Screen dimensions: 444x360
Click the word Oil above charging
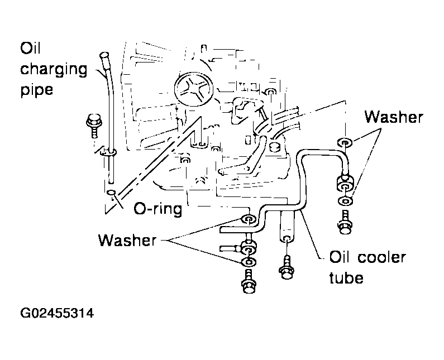pos(30,48)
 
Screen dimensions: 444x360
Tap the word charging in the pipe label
pos(54,70)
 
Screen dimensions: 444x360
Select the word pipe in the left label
pos(36,90)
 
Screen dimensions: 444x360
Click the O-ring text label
pos(158,209)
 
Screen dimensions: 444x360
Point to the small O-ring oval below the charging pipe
pos(112,193)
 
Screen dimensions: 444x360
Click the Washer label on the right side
pos(394,117)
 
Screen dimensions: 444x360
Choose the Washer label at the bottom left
pos(127,241)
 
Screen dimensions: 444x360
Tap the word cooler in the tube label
pos(381,257)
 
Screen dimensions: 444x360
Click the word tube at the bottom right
pos(346,277)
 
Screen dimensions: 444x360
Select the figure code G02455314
pos(57,313)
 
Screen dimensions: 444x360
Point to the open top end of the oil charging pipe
pos(104,54)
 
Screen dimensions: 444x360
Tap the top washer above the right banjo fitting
pos(345,142)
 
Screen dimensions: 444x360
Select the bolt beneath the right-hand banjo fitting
pos(345,223)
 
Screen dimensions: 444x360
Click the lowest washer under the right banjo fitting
pos(346,201)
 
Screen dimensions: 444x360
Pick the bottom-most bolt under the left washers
pos(249,281)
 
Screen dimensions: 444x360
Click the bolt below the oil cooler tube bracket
pos(287,268)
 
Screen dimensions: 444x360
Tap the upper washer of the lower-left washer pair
pos(249,219)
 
